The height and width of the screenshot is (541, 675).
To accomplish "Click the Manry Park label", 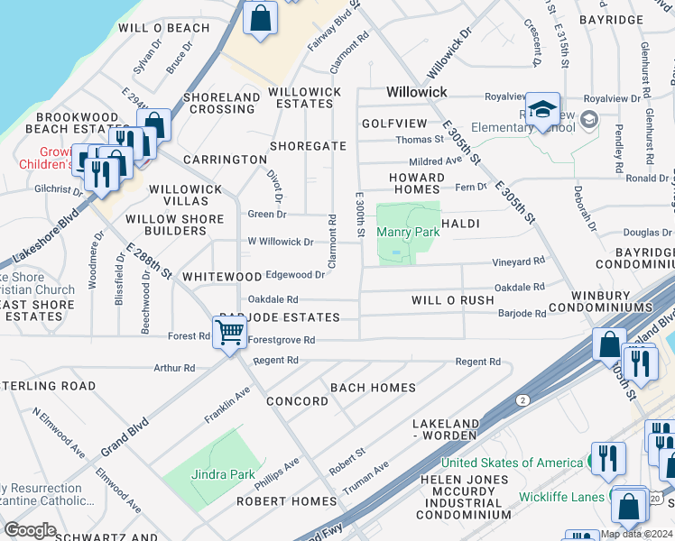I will pyautogui.click(x=407, y=232).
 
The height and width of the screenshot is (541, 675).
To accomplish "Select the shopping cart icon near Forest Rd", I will pyautogui.click(x=231, y=333).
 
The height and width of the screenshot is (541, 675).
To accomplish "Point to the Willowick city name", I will pyautogui.click(x=418, y=92).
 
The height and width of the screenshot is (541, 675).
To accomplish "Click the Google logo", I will pyautogui.click(x=30, y=529).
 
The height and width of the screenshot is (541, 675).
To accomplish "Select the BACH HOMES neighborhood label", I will pyautogui.click(x=373, y=388).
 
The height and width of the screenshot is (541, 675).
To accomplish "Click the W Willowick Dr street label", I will pyautogui.click(x=280, y=242).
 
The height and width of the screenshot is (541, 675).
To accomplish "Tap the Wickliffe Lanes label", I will pyautogui.click(x=560, y=496).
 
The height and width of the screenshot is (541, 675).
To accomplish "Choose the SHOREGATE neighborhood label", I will pyautogui.click(x=309, y=146).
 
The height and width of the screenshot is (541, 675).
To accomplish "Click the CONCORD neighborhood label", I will pyautogui.click(x=298, y=401).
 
